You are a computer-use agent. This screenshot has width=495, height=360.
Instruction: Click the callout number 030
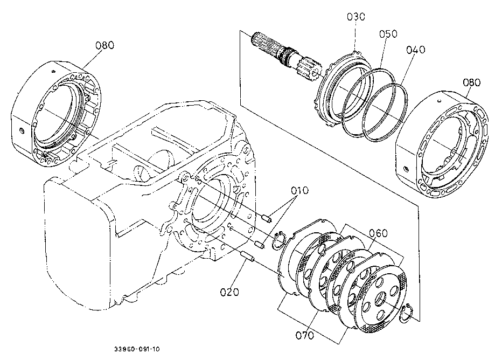[x=356, y=16]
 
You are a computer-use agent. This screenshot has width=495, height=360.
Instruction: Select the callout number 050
[x=388, y=34]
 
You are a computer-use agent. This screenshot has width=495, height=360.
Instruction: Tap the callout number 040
[x=416, y=50]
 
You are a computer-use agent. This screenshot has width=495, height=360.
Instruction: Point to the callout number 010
[x=299, y=190]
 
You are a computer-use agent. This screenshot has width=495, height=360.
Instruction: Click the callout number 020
[x=229, y=292]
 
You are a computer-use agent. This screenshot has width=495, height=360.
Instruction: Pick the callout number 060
[x=378, y=233]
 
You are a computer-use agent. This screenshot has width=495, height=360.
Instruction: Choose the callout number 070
[x=305, y=335]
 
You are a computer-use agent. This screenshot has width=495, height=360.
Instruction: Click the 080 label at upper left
[x=105, y=45]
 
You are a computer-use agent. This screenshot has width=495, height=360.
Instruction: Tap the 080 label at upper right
[x=472, y=82]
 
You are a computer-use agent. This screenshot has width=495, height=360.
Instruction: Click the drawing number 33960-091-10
[x=137, y=349]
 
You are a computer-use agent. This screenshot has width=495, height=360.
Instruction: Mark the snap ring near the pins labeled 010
[x=279, y=240]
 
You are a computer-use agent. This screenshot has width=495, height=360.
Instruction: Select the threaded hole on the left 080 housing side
[x=21, y=130]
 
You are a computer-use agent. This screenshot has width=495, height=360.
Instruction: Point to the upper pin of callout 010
[x=267, y=218]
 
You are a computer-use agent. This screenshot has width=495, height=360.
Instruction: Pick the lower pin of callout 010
[x=260, y=244]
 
